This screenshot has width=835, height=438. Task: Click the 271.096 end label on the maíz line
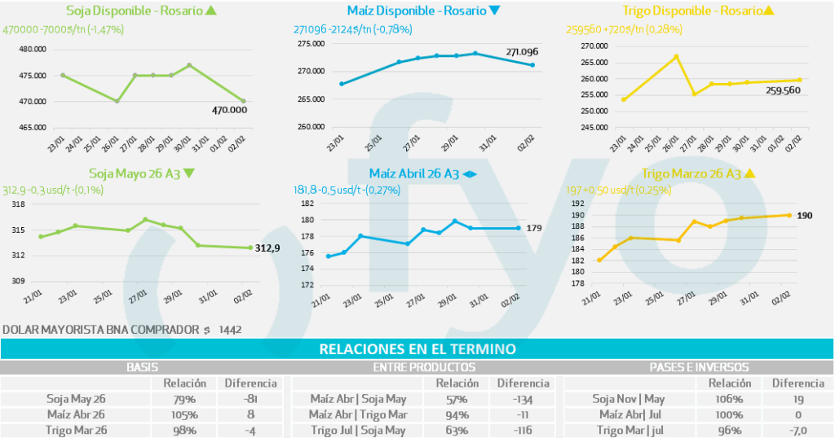(x=522, y=52)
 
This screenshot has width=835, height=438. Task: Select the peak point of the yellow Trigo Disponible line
(x=676, y=56)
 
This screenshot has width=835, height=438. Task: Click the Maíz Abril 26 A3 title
(x=414, y=173)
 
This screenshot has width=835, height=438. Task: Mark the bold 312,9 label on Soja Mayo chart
(x=267, y=248)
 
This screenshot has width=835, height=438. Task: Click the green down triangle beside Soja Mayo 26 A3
(x=188, y=173)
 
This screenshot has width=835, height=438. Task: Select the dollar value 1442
(x=231, y=330)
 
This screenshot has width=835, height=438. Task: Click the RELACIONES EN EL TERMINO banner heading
(x=417, y=349)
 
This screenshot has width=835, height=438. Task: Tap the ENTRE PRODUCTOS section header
(x=423, y=367)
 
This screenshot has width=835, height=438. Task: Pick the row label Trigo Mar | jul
(x=631, y=430)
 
